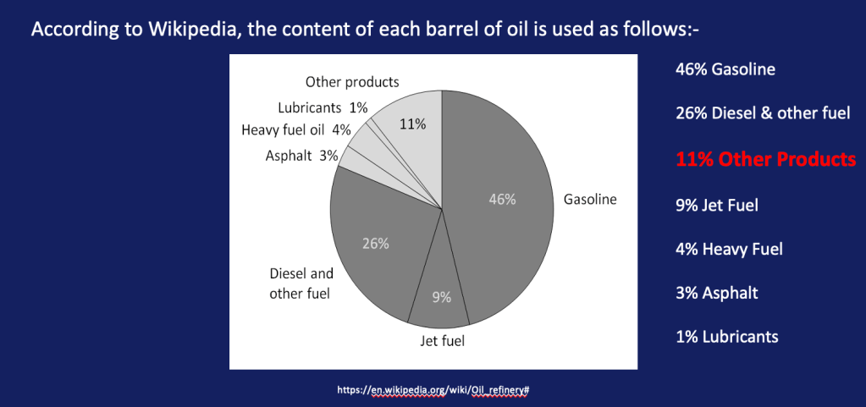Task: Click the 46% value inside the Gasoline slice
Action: point(502,200)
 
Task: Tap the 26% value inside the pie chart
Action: point(376,244)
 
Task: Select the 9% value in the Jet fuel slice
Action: point(442,297)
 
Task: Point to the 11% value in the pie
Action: point(412,124)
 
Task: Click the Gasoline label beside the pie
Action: point(590,200)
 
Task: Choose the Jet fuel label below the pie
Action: point(443,342)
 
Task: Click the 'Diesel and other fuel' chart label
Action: point(301,283)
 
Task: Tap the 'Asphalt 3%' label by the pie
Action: point(302,155)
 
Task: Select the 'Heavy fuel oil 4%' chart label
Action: point(295,129)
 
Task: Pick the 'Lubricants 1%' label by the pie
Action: point(323,107)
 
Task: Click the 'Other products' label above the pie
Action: point(352,82)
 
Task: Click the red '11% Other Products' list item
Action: point(765,159)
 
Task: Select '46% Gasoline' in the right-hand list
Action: point(725,69)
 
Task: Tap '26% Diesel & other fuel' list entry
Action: point(763,113)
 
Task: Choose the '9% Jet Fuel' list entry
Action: point(717,204)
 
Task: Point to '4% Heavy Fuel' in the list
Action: point(729,249)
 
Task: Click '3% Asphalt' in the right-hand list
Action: point(716,293)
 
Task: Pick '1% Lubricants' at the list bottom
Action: point(726,337)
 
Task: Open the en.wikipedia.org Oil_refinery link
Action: point(433,390)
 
